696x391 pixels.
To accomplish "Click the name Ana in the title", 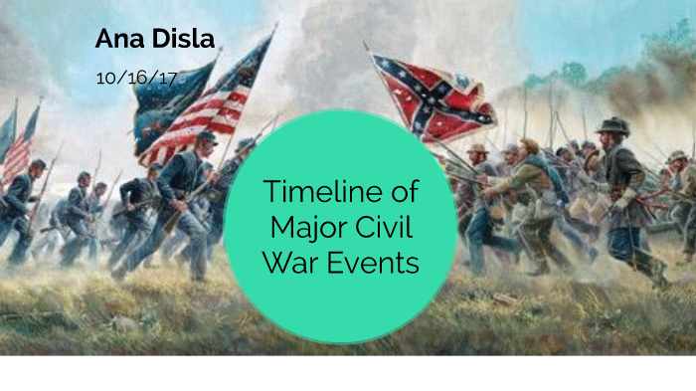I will (115, 40).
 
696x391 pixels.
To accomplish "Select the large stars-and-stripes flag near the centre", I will (215, 99).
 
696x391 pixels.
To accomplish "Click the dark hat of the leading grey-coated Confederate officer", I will (612, 125).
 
